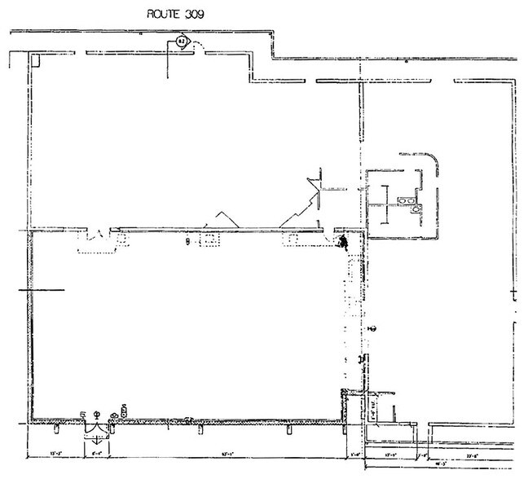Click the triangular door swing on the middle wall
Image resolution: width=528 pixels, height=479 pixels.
pyautogui.click(x=220, y=219)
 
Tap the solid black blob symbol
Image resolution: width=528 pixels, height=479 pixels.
pyautogui.click(x=344, y=241)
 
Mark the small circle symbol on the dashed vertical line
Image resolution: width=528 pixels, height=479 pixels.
pyautogui.click(x=370, y=328)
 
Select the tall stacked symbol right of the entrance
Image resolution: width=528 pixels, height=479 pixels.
pyautogui.click(x=124, y=410)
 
